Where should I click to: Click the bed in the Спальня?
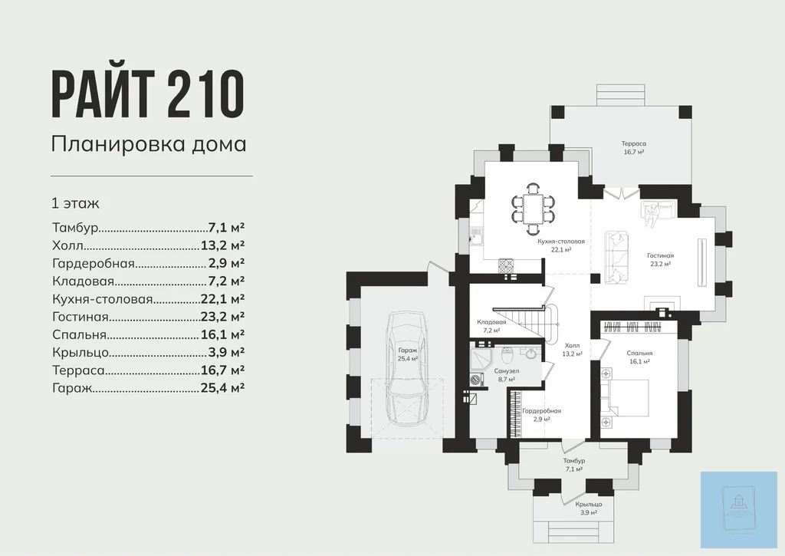coord(626,398)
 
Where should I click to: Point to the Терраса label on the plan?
coord(634,143)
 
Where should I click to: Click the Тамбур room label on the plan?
coord(573,460)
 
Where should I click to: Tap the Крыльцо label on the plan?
coord(589,504)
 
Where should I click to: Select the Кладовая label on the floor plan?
coord(491,321)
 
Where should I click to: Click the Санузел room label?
coord(507,370)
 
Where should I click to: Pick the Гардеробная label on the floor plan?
coord(542,411)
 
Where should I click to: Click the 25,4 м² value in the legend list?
coord(222,388)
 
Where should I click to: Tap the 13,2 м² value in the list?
coord(222,245)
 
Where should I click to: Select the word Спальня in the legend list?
coord(80,334)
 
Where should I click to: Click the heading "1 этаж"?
coord(76,203)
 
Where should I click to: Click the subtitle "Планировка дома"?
coord(149,144)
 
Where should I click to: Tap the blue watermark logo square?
coord(739,510)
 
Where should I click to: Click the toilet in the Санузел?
coord(507,356)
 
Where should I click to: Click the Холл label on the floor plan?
coord(572,346)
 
